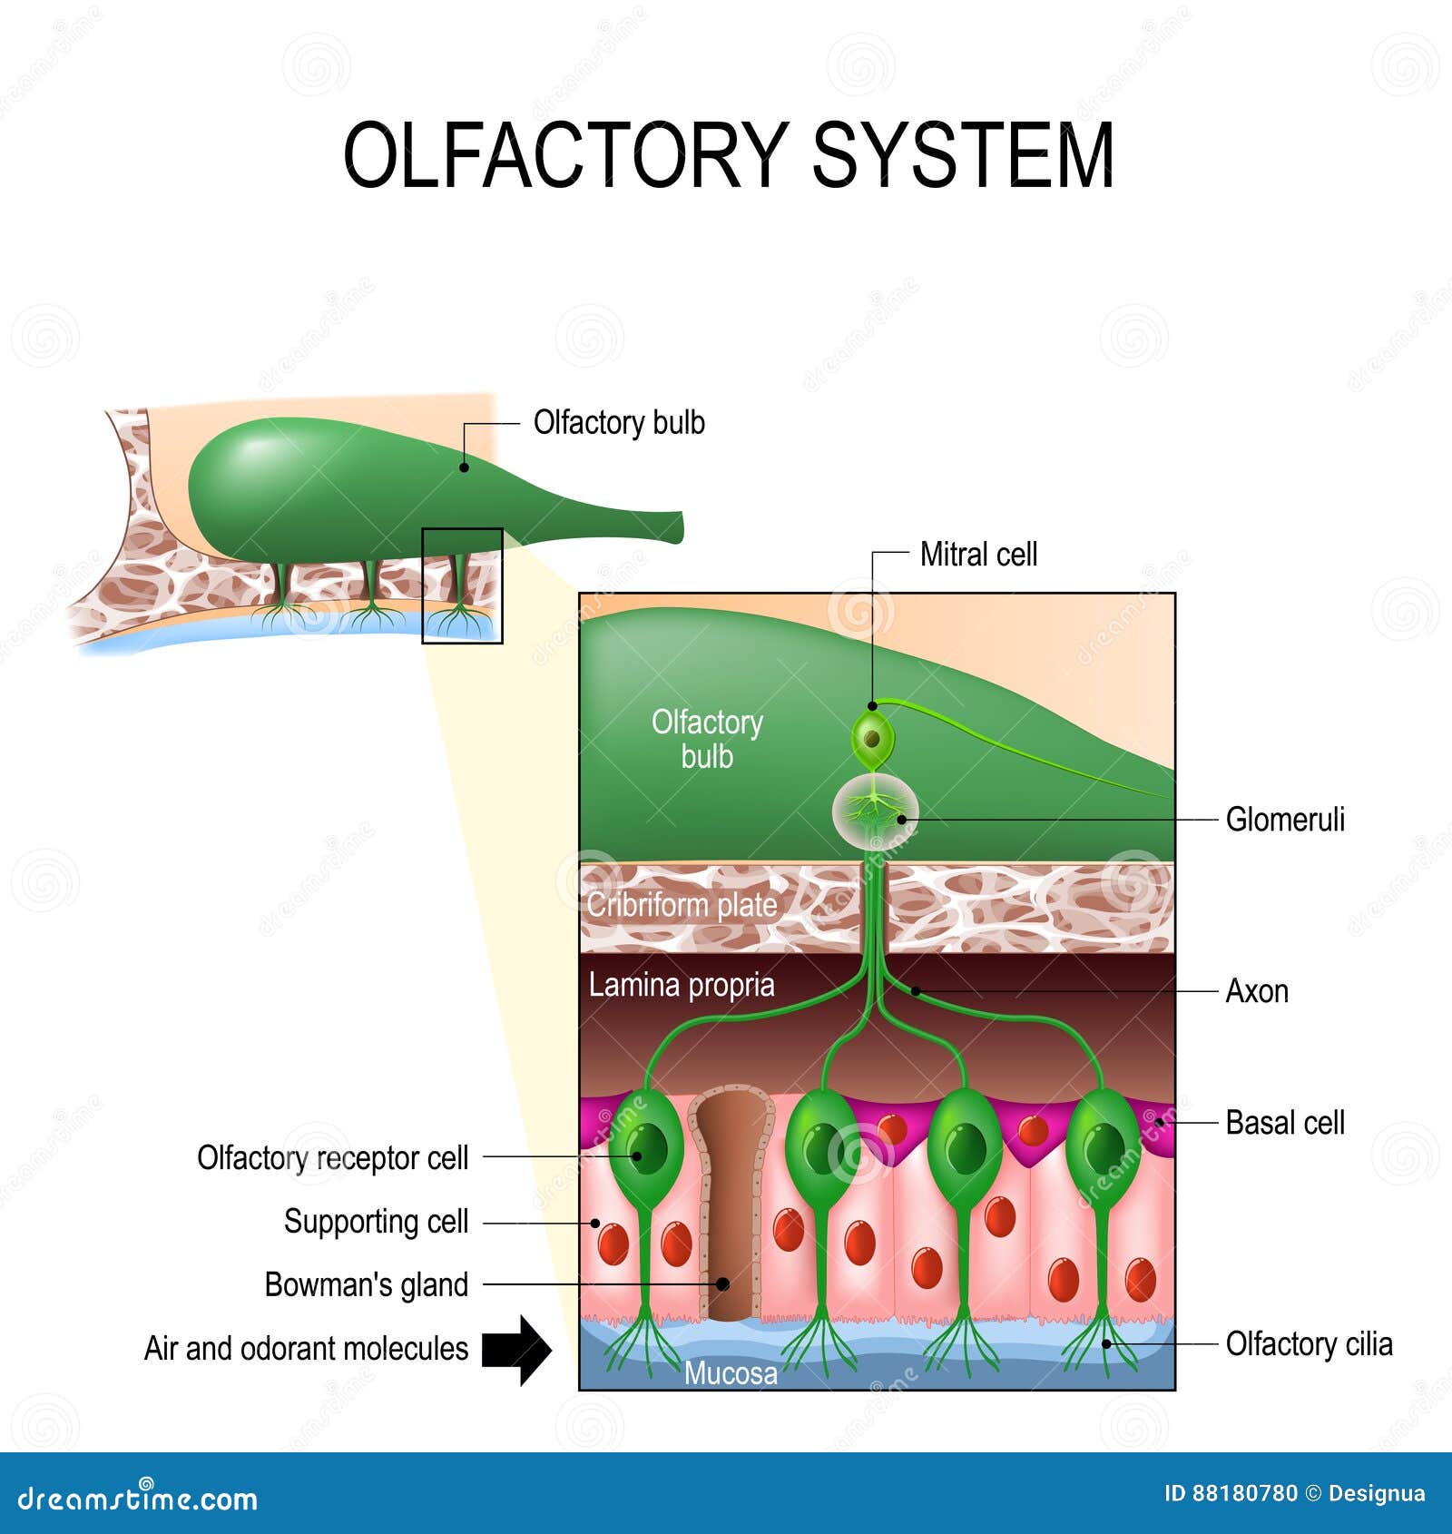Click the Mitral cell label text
click(x=978, y=555)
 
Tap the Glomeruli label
click(x=1284, y=820)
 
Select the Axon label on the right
click(x=1257, y=991)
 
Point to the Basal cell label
click(x=1284, y=1123)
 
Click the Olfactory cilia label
click(x=1308, y=1344)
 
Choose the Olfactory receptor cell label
click(x=332, y=1158)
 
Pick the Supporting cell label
click(x=376, y=1222)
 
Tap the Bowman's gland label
click(x=366, y=1285)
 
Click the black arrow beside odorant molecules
click(x=515, y=1350)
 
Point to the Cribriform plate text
click(x=682, y=905)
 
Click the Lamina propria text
click(x=682, y=986)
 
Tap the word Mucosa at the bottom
click(x=731, y=1373)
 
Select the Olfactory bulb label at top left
click(x=619, y=423)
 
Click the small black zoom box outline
click(x=462, y=529)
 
